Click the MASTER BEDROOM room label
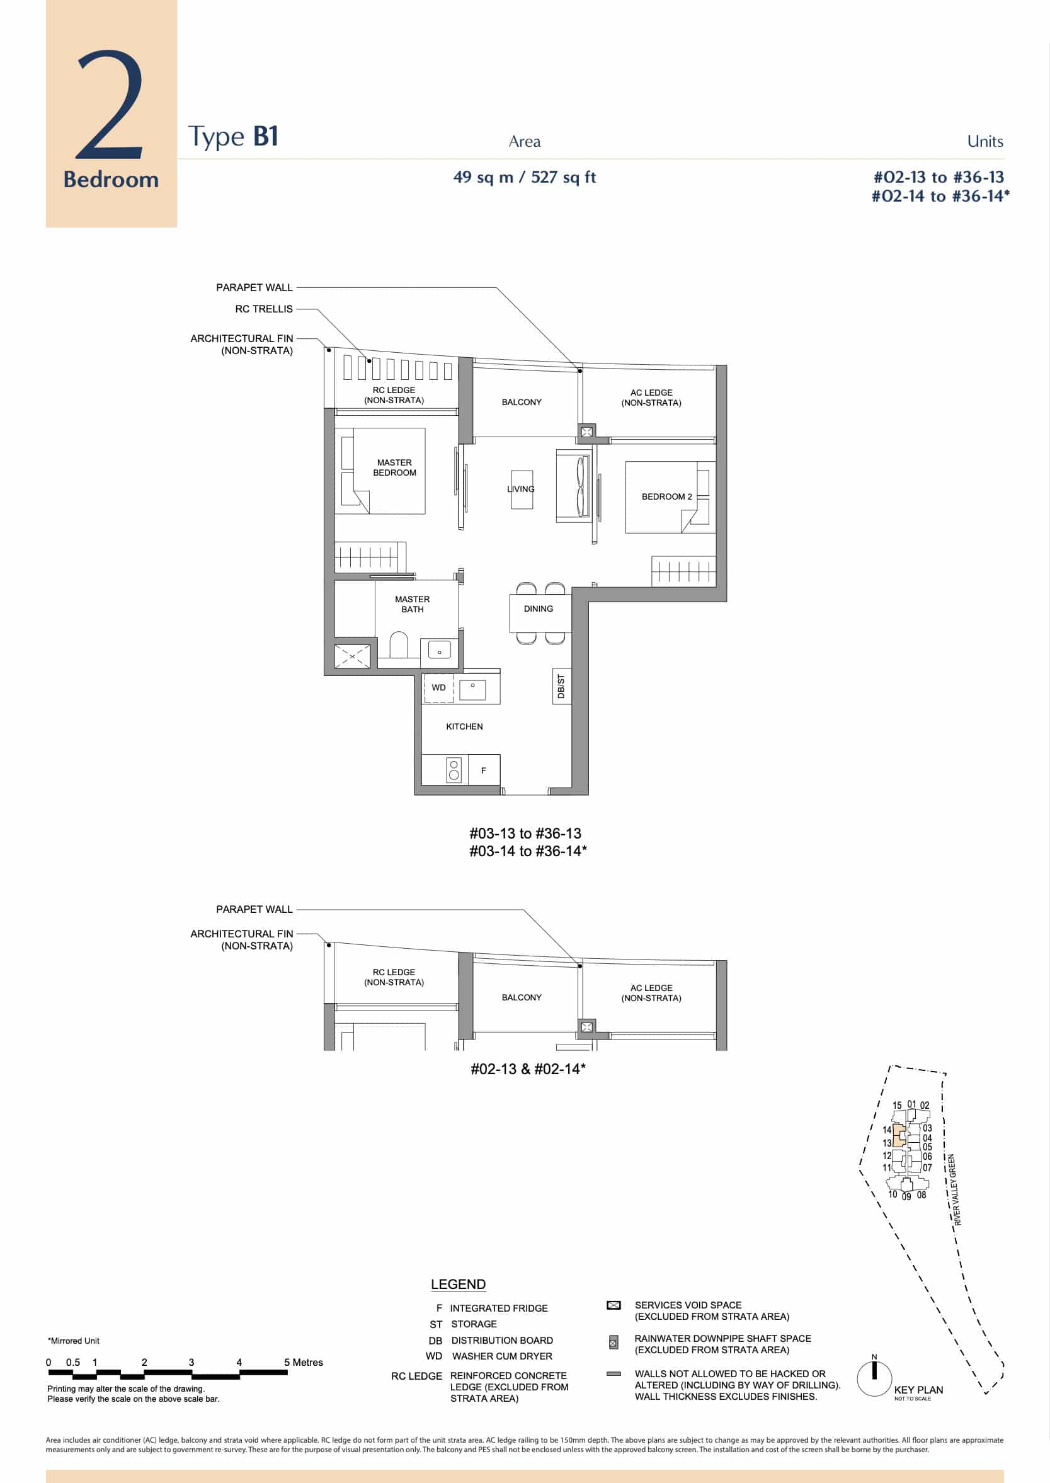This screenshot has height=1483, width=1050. pyautogui.click(x=394, y=467)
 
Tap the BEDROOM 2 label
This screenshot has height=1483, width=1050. pyautogui.click(x=666, y=496)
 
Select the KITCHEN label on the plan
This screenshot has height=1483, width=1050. pyautogui.click(x=464, y=726)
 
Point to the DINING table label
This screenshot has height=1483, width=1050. pyautogui.click(x=539, y=609)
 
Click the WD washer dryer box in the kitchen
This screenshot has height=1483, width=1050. pyautogui.click(x=439, y=687)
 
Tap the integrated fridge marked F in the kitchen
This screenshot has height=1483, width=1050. pyautogui.click(x=483, y=770)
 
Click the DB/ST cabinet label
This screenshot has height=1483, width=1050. pyautogui.click(x=561, y=686)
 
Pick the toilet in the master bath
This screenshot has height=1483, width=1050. pyautogui.click(x=399, y=645)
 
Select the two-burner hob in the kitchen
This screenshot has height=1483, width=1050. pyautogui.click(x=454, y=770)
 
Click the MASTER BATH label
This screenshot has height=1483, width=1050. pyautogui.click(x=413, y=604)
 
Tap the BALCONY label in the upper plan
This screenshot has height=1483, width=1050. pyautogui.click(x=522, y=403)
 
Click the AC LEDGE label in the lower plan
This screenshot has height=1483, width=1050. pyautogui.click(x=651, y=993)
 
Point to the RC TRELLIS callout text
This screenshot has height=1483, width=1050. pyautogui.click(x=264, y=309)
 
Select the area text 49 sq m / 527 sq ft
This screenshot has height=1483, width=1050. pyautogui.click(x=524, y=177)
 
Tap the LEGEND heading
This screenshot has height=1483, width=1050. pyautogui.click(x=459, y=1285)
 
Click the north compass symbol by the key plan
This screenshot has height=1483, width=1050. pyautogui.click(x=874, y=1378)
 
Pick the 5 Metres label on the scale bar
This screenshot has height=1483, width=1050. pyautogui.click(x=303, y=1362)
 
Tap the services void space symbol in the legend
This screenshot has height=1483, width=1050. pyautogui.click(x=613, y=1305)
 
